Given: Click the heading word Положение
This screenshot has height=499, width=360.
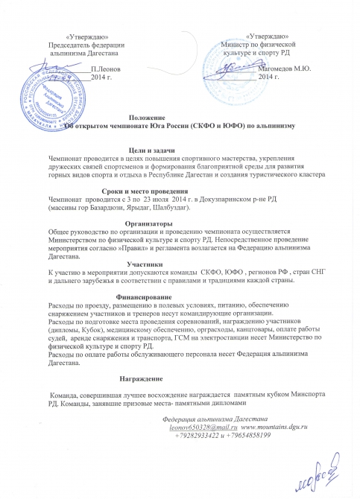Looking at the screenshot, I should pos(143,118).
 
